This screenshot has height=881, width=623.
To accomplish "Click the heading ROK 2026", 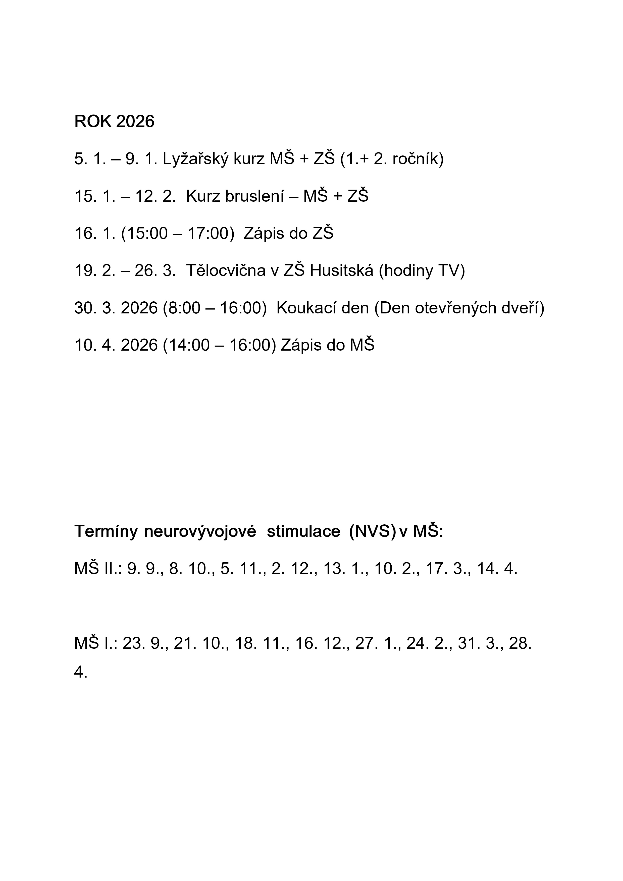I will pyautogui.click(x=114, y=122).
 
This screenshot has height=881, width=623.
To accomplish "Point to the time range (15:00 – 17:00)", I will pyautogui.click(x=177, y=233).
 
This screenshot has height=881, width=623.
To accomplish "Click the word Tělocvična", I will pyautogui.click(x=226, y=270).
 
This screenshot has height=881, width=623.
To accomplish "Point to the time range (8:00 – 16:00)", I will pyautogui.click(x=215, y=308).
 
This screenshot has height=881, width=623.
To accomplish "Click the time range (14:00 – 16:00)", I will pyautogui.click(x=219, y=345).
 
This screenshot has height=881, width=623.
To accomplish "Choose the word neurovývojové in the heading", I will pyautogui.click(x=200, y=531).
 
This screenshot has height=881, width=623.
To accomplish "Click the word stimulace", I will pyautogui.click(x=303, y=531).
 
